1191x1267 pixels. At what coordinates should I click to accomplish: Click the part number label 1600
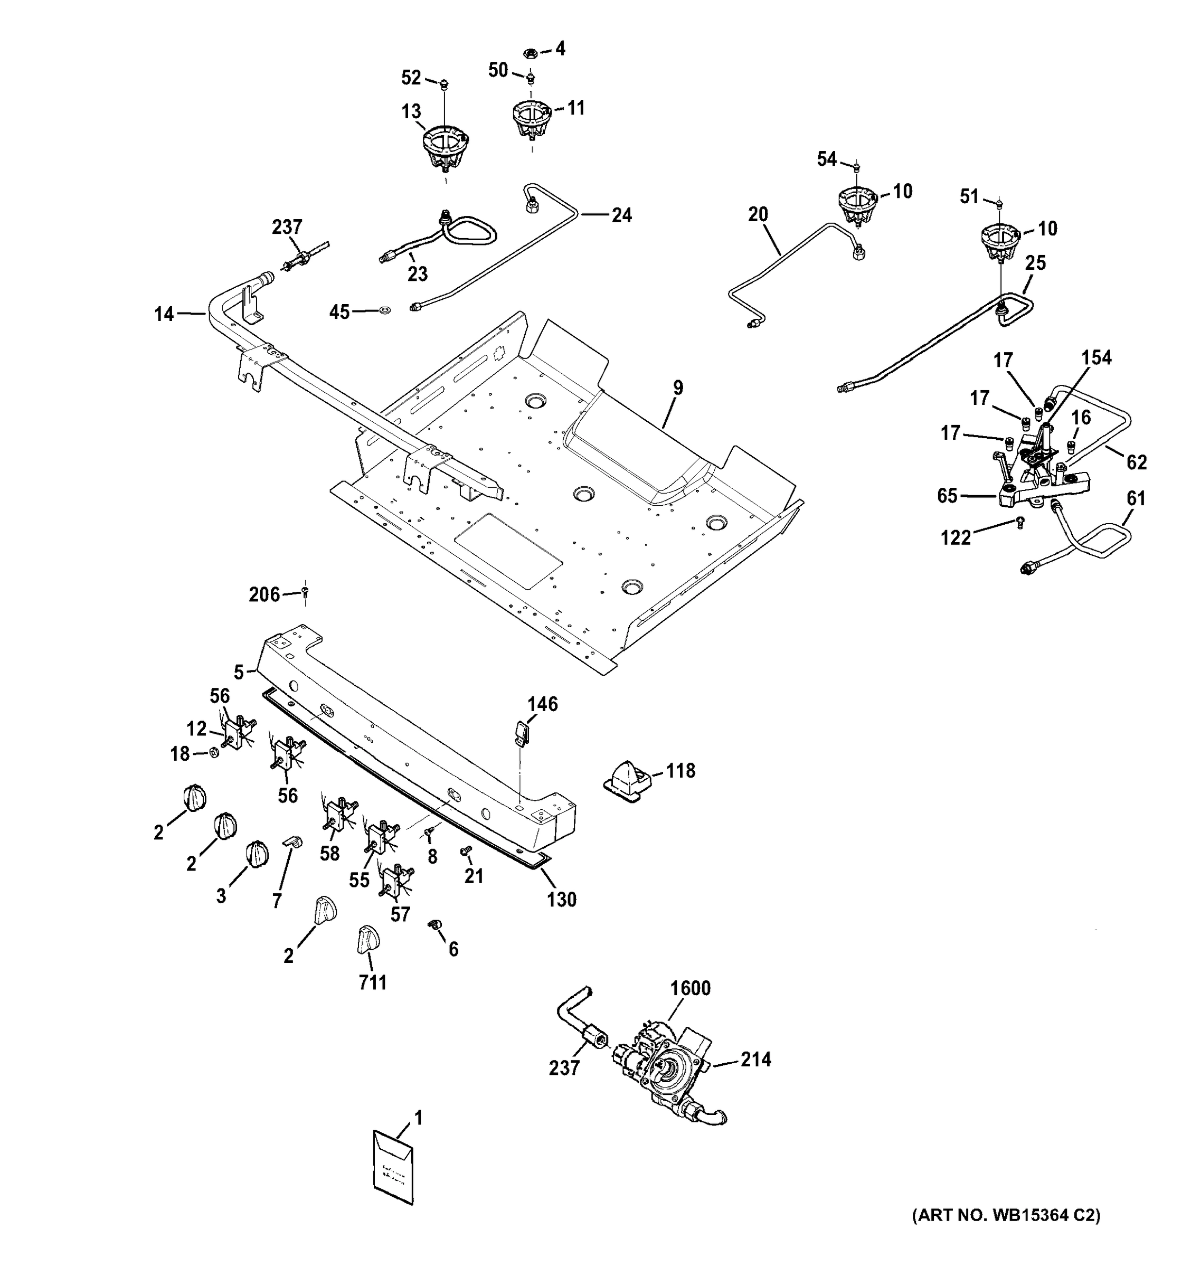691,988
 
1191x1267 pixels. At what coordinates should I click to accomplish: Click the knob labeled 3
256,853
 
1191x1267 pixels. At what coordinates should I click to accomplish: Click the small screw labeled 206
305,593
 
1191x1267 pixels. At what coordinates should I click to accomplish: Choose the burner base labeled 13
446,148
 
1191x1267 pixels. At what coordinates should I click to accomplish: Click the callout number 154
1096,357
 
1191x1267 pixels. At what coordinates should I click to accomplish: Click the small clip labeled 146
523,732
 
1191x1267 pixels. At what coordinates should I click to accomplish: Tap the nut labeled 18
215,753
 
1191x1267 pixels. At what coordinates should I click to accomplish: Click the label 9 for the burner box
678,387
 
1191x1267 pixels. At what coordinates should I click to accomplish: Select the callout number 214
756,1060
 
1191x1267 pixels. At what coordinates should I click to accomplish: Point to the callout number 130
561,899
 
